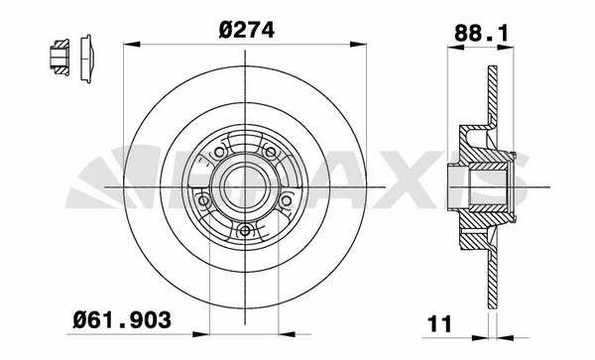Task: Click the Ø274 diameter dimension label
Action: click(x=246, y=31)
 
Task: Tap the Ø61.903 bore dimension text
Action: click(x=122, y=319)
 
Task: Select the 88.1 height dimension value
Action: click(x=481, y=33)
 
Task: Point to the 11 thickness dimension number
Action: click(x=439, y=324)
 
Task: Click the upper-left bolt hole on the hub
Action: click(x=219, y=153)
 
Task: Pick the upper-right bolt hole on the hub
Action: click(x=270, y=153)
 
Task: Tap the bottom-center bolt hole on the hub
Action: click(x=246, y=230)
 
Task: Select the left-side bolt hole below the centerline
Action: click(x=203, y=200)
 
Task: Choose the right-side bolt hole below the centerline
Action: click(x=287, y=200)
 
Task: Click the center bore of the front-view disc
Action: click(x=245, y=186)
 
